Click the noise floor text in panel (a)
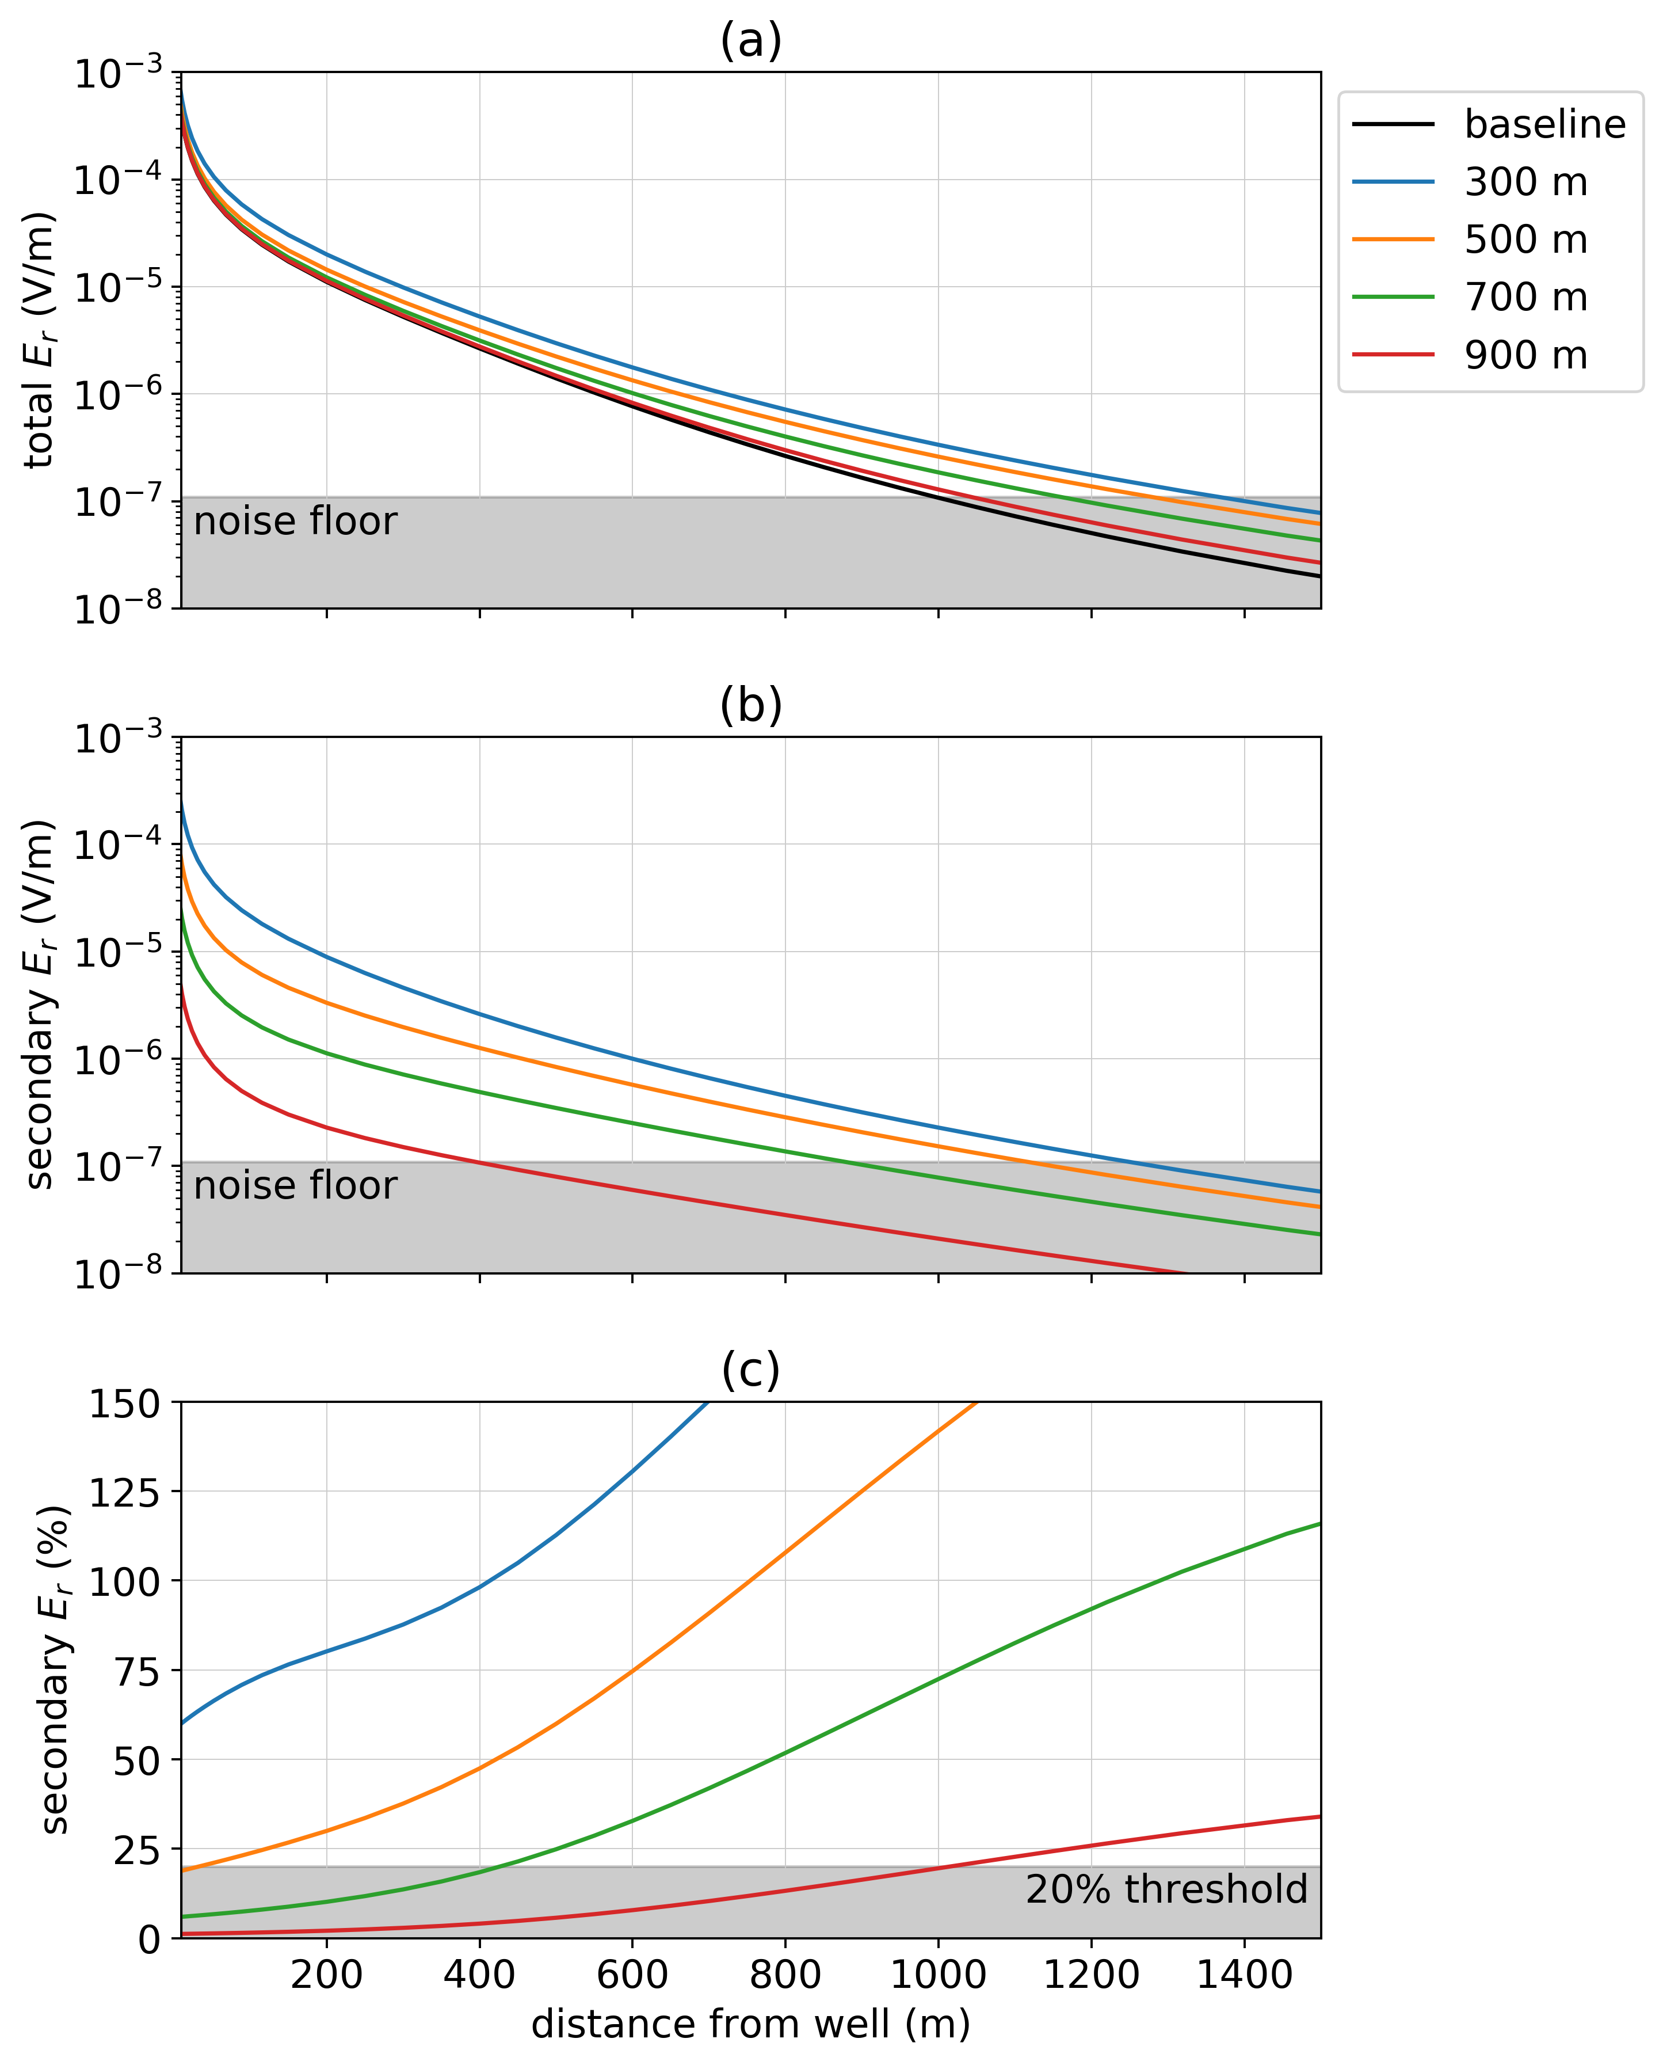(x=295, y=521)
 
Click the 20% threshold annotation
(x=1166, y=1889)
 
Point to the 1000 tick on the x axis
(x=938, y=1974)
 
